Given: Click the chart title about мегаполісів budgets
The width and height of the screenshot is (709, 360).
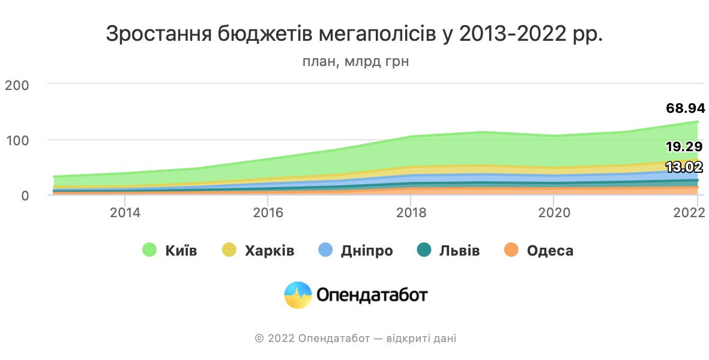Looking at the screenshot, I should click(x=354, y=34).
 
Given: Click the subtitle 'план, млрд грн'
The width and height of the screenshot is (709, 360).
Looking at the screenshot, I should click(x=355, y=62).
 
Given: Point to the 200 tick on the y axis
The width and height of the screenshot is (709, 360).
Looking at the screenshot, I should click(x=16, y=85).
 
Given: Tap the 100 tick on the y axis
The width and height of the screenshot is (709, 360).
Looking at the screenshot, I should click(x=16, y=140).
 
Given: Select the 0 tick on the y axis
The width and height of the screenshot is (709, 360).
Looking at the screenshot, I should click(x=25, y=196).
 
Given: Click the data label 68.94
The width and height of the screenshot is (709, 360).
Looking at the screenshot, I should click(x=685, y=109).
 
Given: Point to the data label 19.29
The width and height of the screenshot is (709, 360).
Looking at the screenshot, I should click(x=684, y=147).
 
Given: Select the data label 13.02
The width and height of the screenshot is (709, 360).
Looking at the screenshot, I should click(x=684, y=167).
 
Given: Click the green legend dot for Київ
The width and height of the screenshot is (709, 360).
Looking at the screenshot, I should click(x=149, y=250).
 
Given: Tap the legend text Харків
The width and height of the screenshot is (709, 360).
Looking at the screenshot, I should click(x=270, y=250).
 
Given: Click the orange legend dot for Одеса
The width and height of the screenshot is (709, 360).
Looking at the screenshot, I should click(x=511, y=250).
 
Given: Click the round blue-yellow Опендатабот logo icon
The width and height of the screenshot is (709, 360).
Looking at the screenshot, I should click(x=298, y=295).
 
